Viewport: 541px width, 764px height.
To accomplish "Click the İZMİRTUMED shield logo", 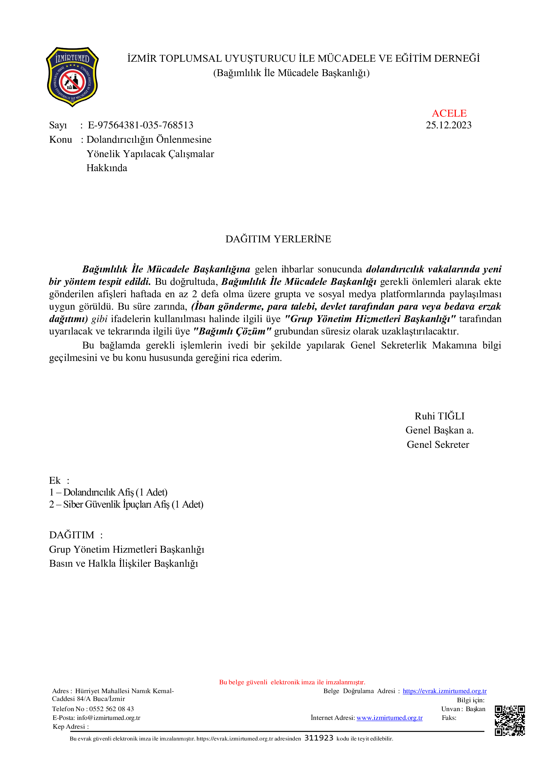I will pyautogui.click(x=72, y=76).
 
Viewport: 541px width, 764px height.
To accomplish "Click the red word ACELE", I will pyautogui.click(x=449, y=113).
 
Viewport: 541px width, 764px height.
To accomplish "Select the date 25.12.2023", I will pyautogui.click(x=448, y=125).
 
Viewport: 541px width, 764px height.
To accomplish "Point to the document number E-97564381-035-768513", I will pyautogui.click(x=140, y=125).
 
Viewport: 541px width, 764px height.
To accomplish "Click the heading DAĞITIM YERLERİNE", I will pyautogui.click(x=278, y=239).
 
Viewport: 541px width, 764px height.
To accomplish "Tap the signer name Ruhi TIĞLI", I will pyautogui.click(x=439, y=416).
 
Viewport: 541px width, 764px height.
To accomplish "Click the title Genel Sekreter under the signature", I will pyautogui.click(x=438, y=445).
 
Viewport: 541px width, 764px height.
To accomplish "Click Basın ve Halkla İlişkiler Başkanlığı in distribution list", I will pyautogui.click(x=124, y=563).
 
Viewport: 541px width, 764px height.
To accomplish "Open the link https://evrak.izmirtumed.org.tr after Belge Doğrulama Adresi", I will pyautogui.click(x=445, y=691).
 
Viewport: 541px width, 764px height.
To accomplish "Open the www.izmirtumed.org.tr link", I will pyautogui.click(x=390, y=718).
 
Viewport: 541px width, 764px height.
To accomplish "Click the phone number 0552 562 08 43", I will pyautogui.click(x=112, y=709).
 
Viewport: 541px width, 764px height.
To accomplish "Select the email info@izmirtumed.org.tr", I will pyautogui.click(x=109, y=718).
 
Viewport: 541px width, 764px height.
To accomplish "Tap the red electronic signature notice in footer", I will pyautogui.click(x=292, y=682).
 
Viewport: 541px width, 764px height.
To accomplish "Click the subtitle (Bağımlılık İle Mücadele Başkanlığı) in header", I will pyautogui.click(x=291, y=73).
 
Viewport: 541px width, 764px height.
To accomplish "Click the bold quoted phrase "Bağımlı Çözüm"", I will pyautogui.click(x=232, y=332).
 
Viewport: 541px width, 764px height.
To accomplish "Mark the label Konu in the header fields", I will pyautogui.click(x=61, y=139).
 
